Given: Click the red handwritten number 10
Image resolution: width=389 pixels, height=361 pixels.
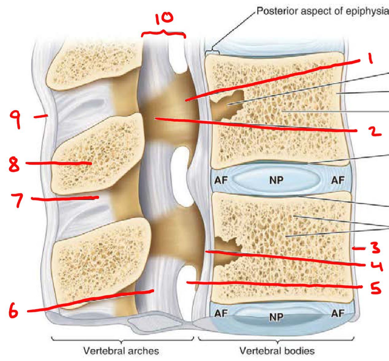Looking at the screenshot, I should tap(164, 18).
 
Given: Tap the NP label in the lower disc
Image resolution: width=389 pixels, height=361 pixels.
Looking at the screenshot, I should tap(276, 316).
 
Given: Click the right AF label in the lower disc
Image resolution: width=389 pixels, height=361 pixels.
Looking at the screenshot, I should tap(338, 313).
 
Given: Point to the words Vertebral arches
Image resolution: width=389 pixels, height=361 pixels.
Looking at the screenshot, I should tap(121, 351).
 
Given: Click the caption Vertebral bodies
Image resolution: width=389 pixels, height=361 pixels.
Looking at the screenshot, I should tap(277, 351).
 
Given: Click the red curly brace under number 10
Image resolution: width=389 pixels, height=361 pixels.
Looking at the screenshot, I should tap(163, 33).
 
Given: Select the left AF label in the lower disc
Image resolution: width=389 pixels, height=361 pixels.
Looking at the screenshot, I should tap(221, 314).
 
